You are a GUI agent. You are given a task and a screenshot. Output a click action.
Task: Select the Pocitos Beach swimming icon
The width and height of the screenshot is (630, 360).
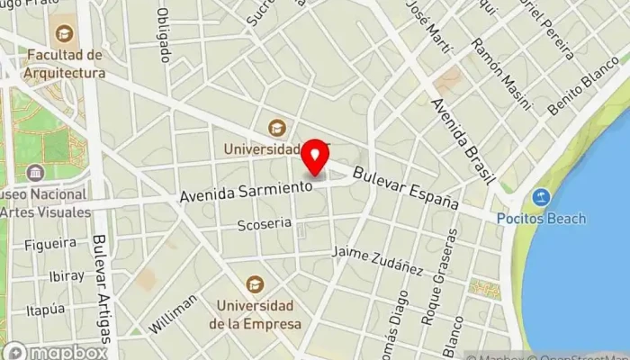541,197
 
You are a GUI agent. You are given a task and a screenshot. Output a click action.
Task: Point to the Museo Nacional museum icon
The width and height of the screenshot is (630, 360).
35,172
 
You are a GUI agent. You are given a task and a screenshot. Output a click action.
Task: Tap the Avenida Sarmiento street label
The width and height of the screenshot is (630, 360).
245,191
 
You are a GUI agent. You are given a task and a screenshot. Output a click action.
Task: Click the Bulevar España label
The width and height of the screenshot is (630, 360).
405,189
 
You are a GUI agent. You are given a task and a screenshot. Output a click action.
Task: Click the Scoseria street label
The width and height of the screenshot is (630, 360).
264,224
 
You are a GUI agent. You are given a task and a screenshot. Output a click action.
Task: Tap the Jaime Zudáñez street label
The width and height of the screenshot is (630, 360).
378,259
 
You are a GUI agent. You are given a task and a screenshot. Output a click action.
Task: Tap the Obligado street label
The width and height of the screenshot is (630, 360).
164,37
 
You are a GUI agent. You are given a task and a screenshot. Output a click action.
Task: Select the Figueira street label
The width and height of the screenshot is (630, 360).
49,244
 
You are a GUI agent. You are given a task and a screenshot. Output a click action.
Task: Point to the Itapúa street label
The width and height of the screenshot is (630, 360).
47,310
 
